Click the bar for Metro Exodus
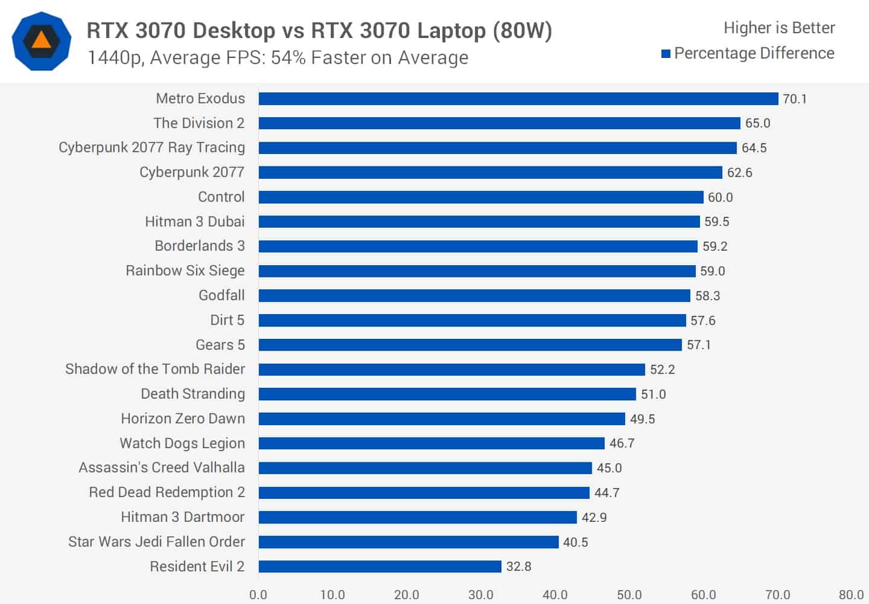518,98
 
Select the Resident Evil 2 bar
380,567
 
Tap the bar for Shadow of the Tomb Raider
451,369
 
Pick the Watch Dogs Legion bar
431,443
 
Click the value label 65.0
757,123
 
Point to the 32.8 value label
518,567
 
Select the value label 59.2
715,246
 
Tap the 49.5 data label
642,419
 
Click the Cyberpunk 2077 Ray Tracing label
151,147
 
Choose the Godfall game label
221,295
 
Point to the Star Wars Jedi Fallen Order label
156,542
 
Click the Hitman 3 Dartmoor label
182,517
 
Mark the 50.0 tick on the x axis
629,594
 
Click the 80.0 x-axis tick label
851,594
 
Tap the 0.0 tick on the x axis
258,594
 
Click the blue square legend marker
666,54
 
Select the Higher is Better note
779,28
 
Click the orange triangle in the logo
42,40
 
